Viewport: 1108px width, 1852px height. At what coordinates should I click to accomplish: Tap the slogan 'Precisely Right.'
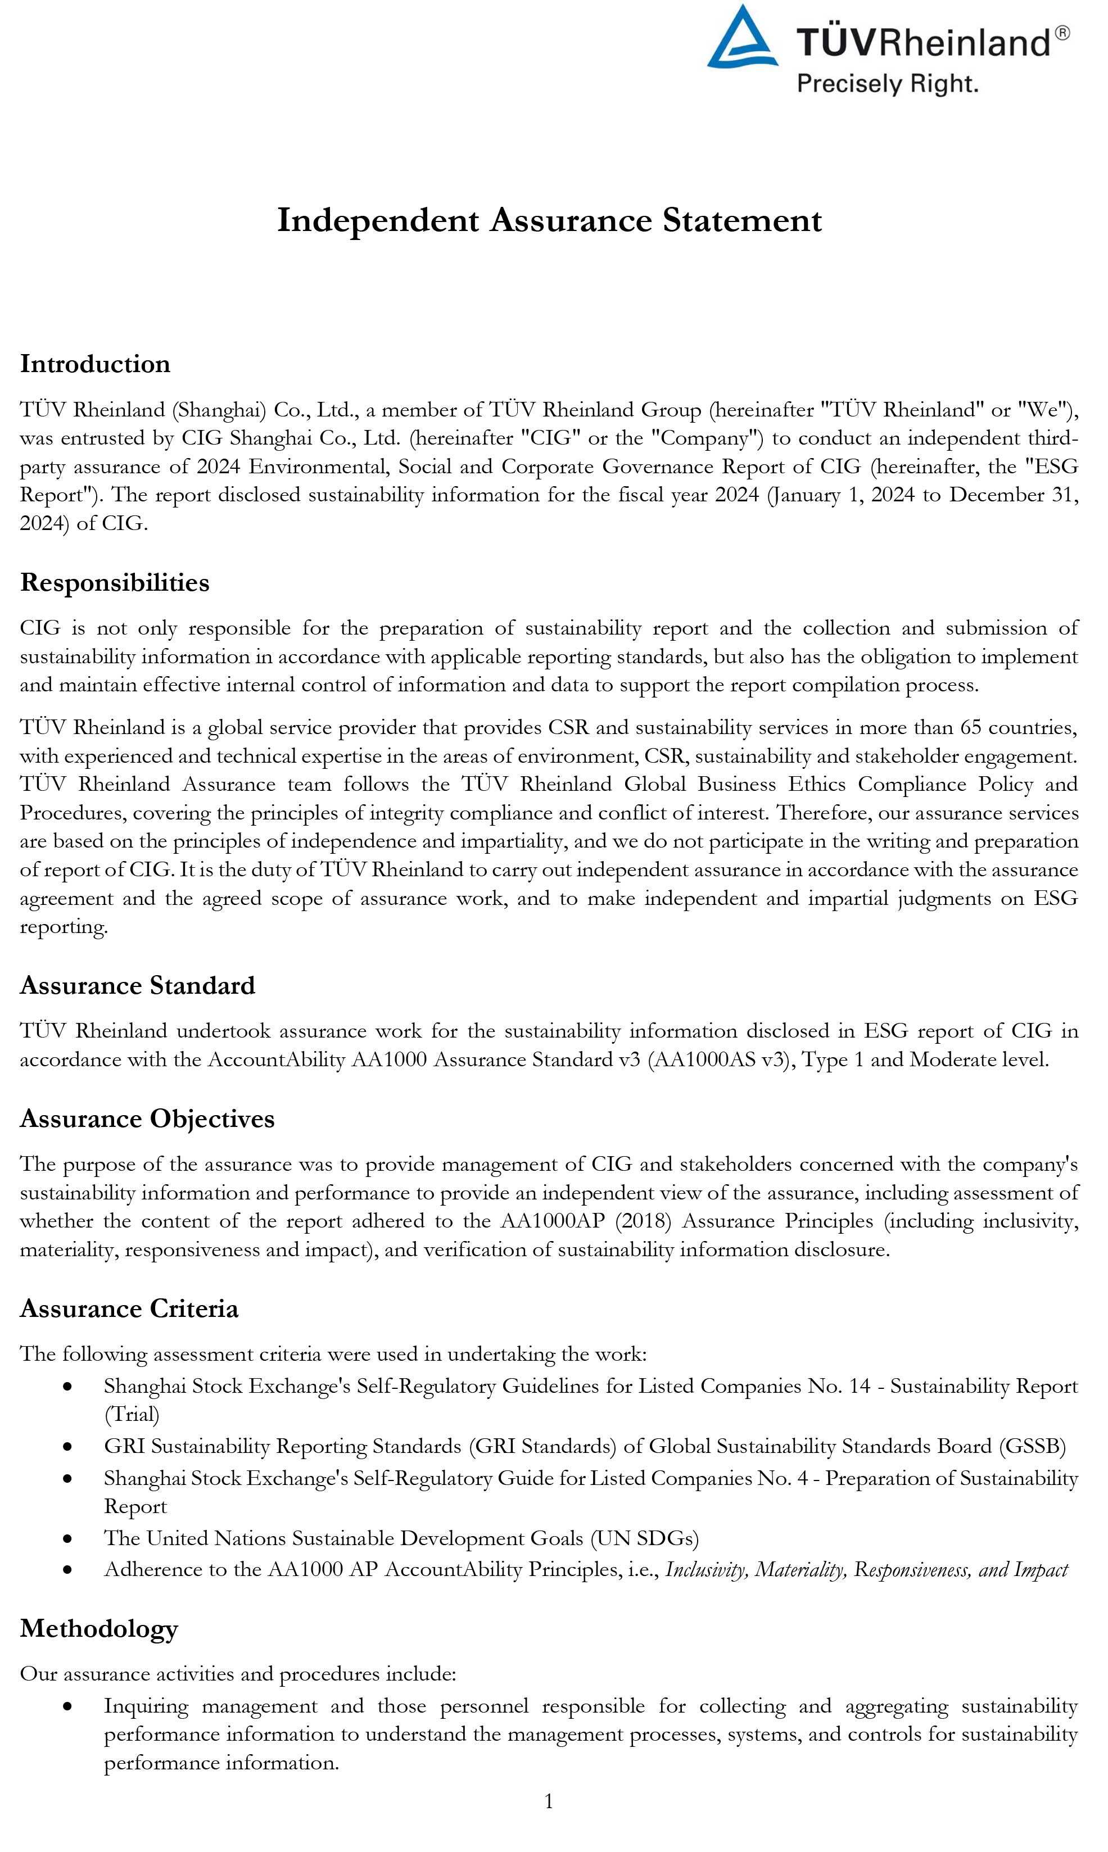tap(887, 83)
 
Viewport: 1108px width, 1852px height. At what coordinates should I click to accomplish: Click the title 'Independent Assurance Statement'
tap(550, 220)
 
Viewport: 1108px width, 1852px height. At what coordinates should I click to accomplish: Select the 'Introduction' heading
tap(96, 364)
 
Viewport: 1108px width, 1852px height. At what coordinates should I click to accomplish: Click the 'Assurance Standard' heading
tap(137, 985)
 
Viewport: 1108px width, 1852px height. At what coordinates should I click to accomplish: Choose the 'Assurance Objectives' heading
tap(147, 1118)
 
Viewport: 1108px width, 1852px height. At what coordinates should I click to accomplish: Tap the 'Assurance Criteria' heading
tap(129, 1308)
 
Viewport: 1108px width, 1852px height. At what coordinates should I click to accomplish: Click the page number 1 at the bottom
tap(549, 1802)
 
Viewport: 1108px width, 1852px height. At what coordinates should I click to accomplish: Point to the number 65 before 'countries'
tap(971, 727)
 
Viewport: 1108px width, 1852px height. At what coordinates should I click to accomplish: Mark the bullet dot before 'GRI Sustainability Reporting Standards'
tap(68, 1447)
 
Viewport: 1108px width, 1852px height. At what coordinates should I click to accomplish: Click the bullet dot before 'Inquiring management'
tap(68, 1706)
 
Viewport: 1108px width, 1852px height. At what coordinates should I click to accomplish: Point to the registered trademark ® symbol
tap(1062, 33)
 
